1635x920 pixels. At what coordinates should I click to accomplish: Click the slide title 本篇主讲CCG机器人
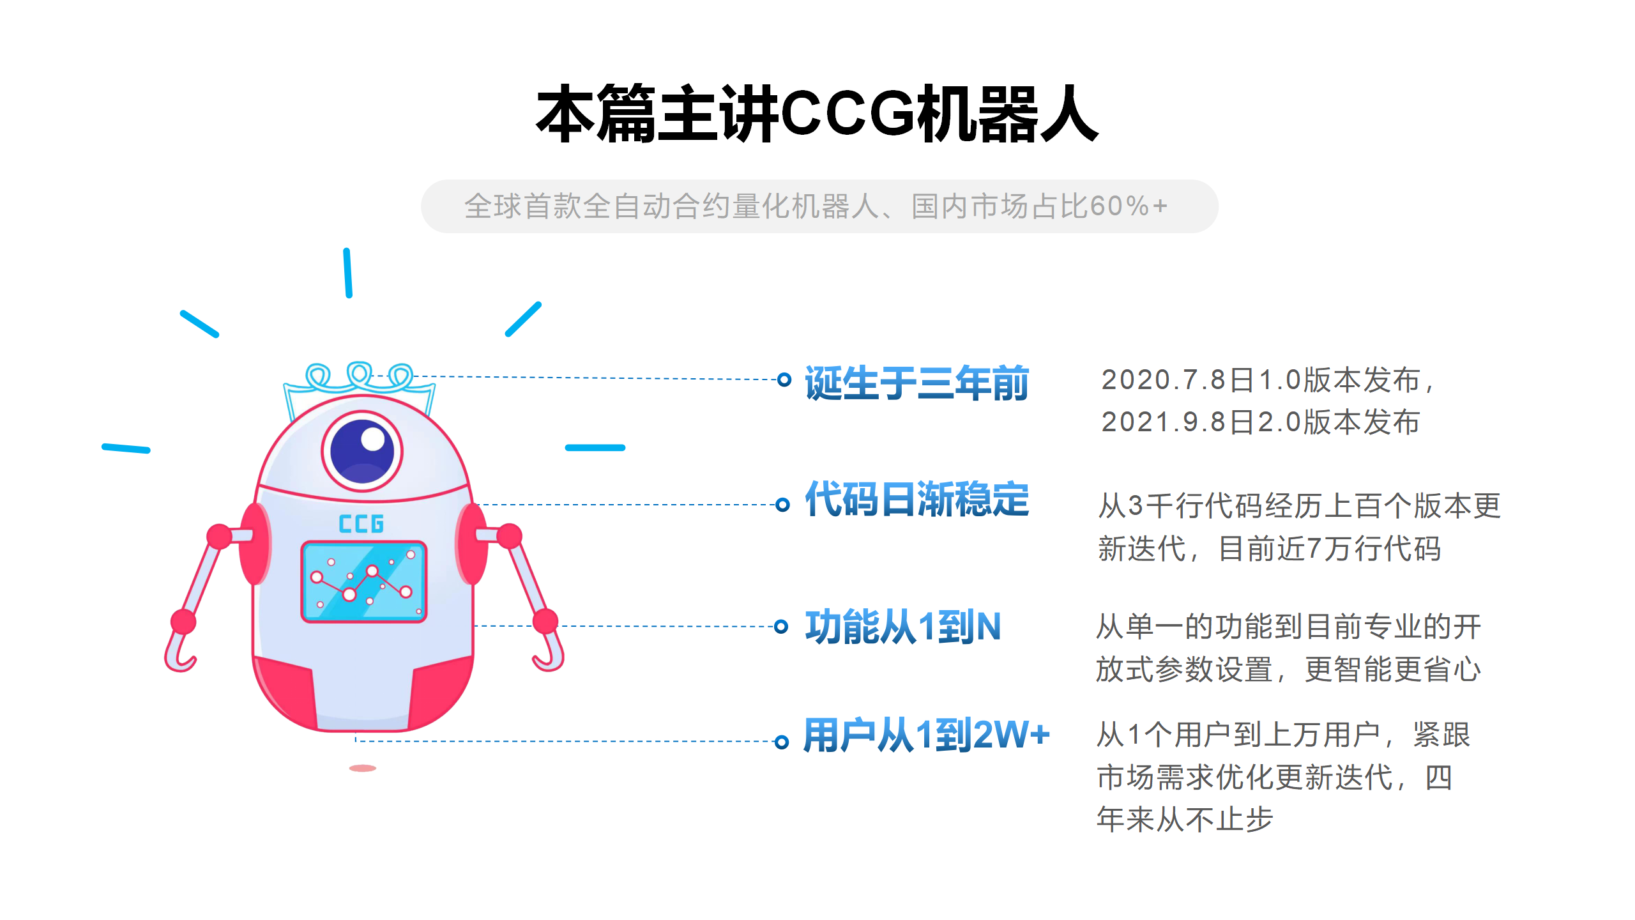tap(817, 114)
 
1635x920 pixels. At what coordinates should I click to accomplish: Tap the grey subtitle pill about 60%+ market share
tap(819, 206)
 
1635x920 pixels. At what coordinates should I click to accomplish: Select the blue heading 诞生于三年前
tap(916, 383)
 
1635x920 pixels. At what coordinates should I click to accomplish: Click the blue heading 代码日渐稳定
tap(916, 499)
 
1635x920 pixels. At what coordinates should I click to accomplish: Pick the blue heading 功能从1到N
tap(902, 627)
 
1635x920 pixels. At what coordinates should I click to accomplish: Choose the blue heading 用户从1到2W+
tap(927, 735)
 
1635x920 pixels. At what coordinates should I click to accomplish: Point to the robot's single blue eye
tap(362, 451)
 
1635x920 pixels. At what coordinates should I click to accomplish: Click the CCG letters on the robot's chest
tap(361, 524)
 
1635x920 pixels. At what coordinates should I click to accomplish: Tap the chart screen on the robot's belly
tap(364, 581)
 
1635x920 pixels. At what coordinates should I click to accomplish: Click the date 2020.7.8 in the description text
tap(1164, 380)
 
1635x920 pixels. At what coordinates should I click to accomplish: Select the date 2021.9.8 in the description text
tap(1164, 422)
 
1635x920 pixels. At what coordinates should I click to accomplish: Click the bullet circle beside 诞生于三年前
tap(784, 379)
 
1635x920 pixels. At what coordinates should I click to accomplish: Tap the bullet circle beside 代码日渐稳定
tap(782, 505)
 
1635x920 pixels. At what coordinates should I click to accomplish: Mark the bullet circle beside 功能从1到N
tap(780, 626)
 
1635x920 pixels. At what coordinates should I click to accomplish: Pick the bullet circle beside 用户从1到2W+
tap(781, 742)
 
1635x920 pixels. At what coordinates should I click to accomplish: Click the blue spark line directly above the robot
tap(347, 273)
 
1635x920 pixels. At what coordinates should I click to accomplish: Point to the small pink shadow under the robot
tap(363, 768)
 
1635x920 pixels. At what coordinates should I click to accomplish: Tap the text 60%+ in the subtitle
tap(1129, 206)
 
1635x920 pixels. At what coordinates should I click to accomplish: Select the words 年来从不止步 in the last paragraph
tap(1185, 820)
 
